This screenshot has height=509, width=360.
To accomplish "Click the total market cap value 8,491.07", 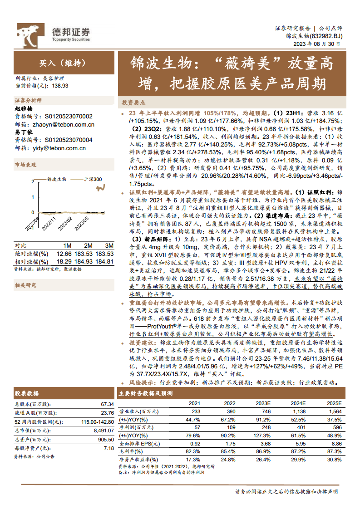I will pyautogui.click(x=104, y=431).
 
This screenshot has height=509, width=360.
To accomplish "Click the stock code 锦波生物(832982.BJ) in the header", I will pyautogui.click(x=314, y=36).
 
